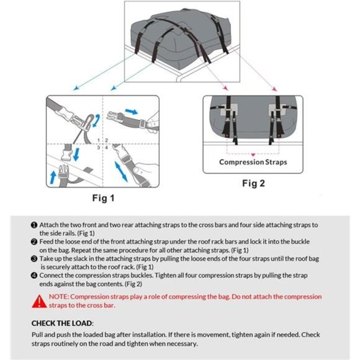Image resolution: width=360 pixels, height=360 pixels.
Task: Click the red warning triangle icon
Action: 39,301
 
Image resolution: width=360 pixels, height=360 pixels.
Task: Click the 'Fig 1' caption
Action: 103,198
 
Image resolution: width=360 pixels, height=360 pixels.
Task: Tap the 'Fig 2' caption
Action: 253,183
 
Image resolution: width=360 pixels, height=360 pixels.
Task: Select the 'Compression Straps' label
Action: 253,162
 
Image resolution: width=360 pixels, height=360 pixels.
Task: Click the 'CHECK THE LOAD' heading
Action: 62,323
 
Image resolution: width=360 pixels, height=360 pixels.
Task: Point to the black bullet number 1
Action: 34,225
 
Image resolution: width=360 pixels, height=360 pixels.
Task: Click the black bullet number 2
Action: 34,242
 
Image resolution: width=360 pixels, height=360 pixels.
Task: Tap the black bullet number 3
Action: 34,259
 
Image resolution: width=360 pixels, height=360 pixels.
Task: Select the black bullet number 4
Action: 34,276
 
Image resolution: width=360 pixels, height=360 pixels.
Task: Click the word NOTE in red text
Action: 58,297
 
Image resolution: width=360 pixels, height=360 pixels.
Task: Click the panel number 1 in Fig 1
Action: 99,140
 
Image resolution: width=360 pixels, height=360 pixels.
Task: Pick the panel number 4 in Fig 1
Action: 106,147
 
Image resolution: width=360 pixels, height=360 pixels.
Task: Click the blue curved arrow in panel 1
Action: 96,120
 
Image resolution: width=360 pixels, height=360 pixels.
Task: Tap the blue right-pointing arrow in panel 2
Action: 132,112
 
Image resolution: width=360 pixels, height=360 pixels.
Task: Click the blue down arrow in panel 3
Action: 76,155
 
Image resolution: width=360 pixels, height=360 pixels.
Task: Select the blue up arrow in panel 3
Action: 53,177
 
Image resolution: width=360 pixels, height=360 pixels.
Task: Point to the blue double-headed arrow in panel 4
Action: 121,171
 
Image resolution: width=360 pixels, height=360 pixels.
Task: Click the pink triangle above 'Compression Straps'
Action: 253,155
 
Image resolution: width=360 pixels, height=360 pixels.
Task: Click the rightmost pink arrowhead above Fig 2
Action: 274,89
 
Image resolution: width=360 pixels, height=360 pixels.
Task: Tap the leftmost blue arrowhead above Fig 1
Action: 76,88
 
